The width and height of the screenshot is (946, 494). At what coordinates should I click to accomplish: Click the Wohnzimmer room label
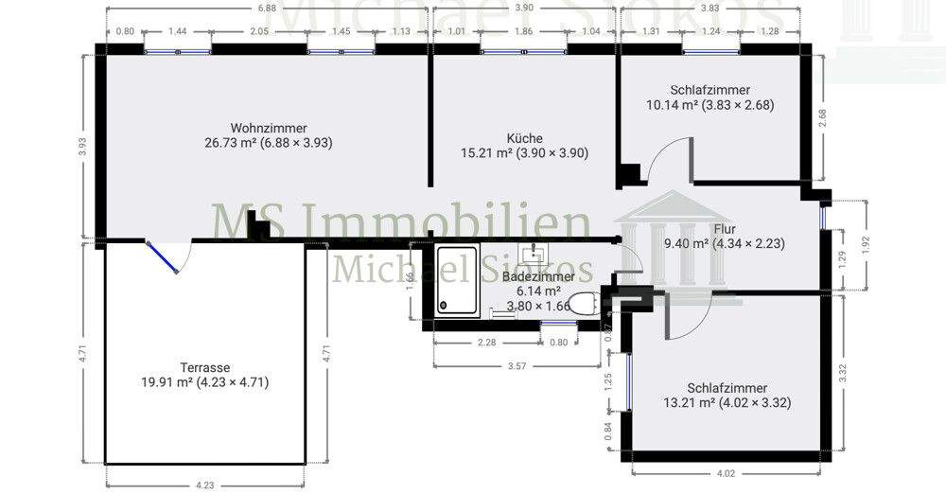click(x=269, y=128)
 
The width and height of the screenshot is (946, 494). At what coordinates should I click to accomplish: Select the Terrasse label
click(x=205, y=367)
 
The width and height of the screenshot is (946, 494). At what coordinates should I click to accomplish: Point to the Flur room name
click(x=726, y=228)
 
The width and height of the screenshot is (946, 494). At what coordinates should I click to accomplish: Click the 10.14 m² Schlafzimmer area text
click(x=709, y=105)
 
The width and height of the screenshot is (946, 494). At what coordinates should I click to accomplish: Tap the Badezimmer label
click(x=537, y=276)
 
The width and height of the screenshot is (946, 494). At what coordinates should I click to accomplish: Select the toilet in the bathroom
click(x=585, y=303)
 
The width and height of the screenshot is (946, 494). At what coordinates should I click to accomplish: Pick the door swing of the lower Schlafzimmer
click(x=679, y=317)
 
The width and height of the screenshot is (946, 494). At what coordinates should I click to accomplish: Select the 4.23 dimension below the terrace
click(x=204, y=485)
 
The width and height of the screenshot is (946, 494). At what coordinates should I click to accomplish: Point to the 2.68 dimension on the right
click(x=822, y=115)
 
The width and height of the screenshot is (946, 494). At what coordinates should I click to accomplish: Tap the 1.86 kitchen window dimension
click(x=522, y=31)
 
